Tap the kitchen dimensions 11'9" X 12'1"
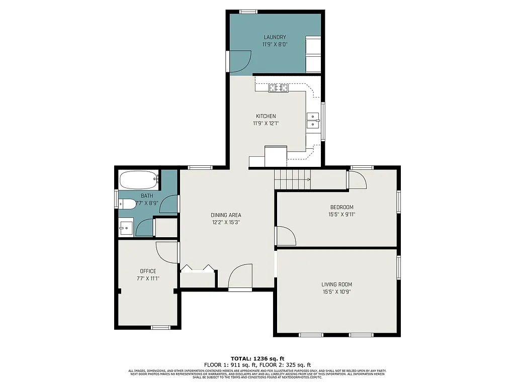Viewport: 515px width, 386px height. pos(265,123)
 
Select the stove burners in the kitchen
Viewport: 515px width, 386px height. pos(279,88)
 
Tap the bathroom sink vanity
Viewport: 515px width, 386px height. pos(126,228)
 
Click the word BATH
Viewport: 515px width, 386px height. pos(147,196)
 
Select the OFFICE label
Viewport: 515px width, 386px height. pos(148,271)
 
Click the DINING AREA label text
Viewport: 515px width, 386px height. pos(226,215)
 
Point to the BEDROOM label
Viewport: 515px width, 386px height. pos(341,207)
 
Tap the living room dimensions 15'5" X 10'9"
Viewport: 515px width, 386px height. pos(336,292)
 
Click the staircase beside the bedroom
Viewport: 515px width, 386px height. pos(292,179)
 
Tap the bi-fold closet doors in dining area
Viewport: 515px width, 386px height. pos(198,268)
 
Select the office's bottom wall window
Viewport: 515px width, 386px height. pos(161,327)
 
